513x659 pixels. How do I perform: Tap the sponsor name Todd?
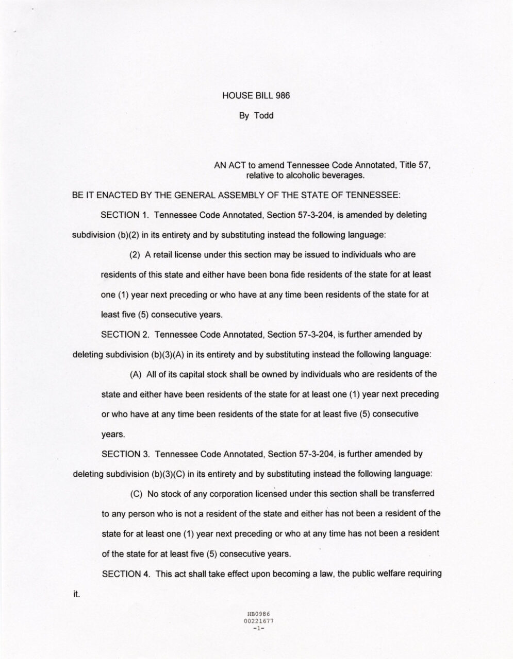pos(263,115)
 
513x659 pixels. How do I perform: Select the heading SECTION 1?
pos(125,215)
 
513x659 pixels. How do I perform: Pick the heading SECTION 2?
pos(125,334)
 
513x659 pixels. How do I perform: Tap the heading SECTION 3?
pos(125,454)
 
